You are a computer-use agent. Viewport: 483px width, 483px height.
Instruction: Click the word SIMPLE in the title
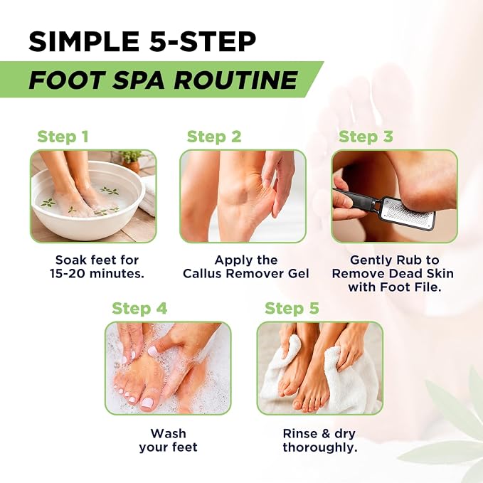(84, 41)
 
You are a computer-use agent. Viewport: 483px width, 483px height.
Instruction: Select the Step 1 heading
(63, 137)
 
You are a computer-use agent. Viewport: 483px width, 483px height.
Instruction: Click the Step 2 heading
(214, 137)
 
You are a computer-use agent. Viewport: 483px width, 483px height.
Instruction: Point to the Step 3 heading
(366, 137)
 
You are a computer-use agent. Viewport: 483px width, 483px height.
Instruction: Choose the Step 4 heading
(139, 308)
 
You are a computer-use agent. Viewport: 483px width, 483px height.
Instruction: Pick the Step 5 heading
(292, 308)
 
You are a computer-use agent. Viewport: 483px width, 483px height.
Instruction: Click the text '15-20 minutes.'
(97, 274)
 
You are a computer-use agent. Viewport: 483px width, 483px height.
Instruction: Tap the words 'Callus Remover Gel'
(246, 274)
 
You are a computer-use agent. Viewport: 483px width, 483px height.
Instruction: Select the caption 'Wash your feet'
(168, 440)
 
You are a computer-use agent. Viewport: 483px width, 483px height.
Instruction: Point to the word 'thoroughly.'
(320, 447)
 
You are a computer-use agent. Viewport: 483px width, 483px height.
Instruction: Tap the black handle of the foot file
(354, 196)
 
